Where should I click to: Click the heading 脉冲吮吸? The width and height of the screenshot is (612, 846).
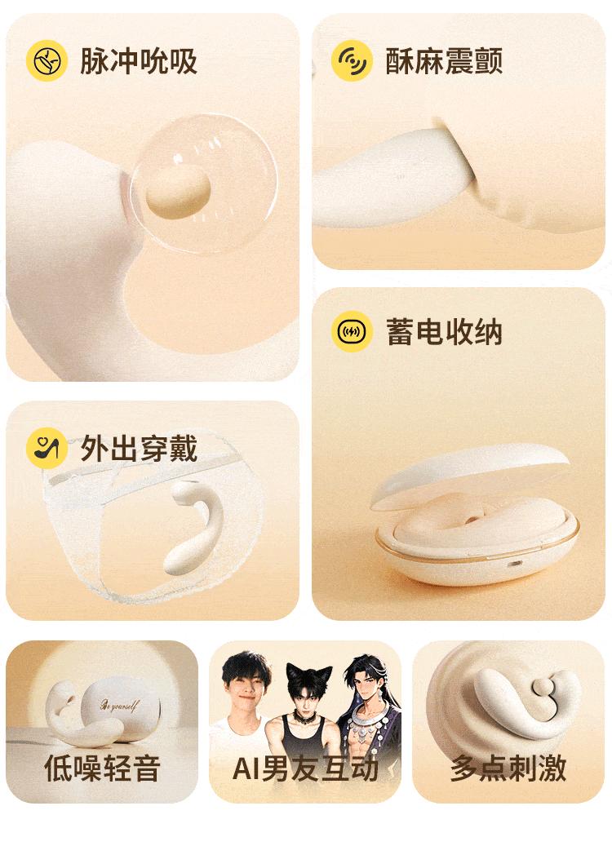(139, 60)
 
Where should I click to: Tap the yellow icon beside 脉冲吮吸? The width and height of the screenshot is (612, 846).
(47, 60)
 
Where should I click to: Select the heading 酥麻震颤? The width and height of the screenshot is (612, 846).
(444, 60)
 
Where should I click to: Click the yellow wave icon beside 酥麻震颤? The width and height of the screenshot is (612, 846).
(352, 60)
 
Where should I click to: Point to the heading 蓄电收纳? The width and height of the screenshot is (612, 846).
(444, 331)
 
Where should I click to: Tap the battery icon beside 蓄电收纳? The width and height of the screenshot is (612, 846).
(352, 331)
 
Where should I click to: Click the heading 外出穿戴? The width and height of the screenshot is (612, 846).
(139, 449)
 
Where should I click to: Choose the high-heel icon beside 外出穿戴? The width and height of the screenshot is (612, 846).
(47, 449)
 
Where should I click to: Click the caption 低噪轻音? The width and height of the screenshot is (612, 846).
(102, 768)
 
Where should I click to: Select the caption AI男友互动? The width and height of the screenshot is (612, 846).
(305, 768)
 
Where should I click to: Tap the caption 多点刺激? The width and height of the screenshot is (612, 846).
(508, 768)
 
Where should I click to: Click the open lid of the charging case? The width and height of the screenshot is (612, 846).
(469, 473)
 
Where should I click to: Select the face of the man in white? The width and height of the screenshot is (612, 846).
(246, 684)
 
